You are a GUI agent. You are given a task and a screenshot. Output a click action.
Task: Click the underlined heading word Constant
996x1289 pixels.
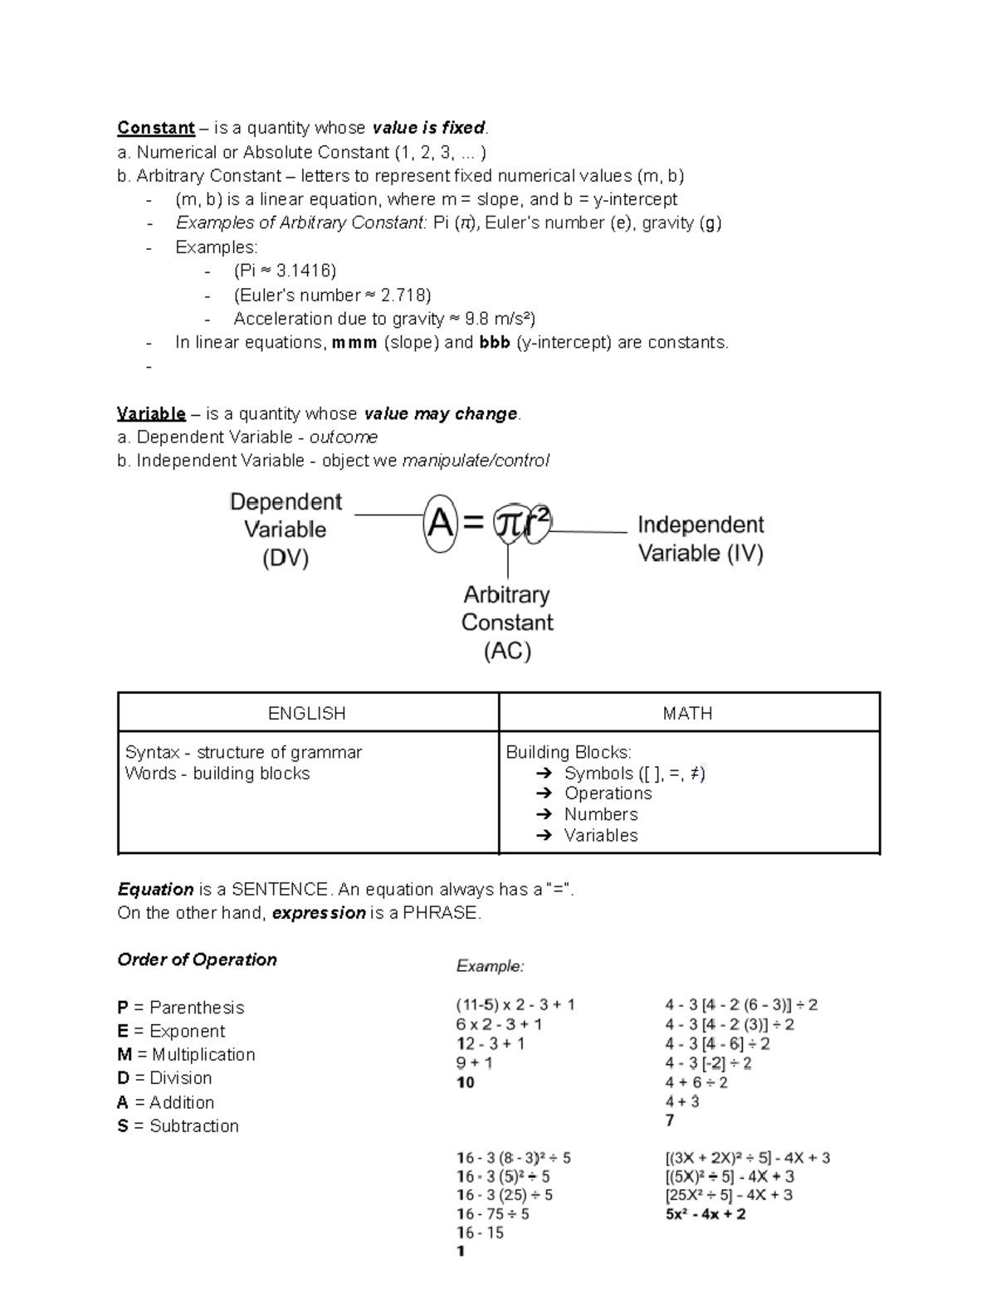pos(155,128)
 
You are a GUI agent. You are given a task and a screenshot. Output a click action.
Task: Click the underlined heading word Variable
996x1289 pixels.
pos(151,413)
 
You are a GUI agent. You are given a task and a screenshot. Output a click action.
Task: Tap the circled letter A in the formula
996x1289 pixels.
pos(440,524)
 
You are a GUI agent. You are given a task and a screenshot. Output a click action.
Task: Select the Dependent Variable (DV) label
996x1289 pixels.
pos(286,530)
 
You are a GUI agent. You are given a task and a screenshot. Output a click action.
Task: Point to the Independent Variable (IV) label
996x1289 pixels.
pos(701,539)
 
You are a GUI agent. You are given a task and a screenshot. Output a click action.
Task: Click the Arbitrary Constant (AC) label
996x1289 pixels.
pos(507,623)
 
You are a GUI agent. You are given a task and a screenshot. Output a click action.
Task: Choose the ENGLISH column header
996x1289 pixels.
pos(307,713)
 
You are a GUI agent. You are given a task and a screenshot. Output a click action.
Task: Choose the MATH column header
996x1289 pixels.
pos(688,713)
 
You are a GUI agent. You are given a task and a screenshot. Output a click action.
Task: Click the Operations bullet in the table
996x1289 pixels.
pos(608,793)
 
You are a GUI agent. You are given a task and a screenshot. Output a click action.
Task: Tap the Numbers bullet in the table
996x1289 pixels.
pos(601,814)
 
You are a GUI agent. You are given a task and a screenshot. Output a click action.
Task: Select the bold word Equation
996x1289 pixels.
pos(155,890)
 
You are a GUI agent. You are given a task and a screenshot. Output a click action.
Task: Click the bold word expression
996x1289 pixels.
pos(319,913)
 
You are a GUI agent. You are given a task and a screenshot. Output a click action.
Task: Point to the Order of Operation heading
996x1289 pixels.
pos(197,959)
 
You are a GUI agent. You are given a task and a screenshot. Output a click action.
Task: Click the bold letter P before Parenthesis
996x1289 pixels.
pos(123,1008)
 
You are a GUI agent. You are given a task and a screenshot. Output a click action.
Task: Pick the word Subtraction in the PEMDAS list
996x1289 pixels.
pos(194,1126)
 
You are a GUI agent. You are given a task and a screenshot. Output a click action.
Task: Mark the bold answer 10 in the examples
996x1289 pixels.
pos(466,1082)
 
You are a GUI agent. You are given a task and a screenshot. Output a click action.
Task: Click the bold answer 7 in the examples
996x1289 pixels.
pos(670,1121)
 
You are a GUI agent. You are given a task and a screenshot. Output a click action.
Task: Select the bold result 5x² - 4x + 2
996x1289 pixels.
pos(705,1214)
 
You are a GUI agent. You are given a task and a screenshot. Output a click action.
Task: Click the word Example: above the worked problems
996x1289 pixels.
pos(490,966)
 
